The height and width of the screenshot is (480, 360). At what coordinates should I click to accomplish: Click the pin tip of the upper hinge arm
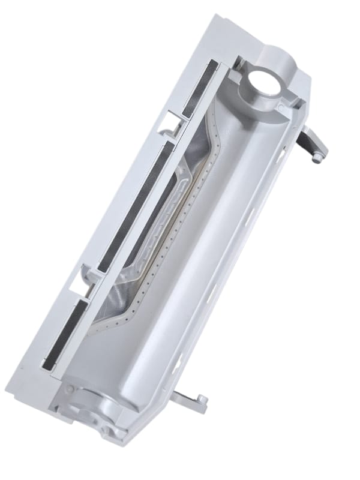point(317,158)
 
